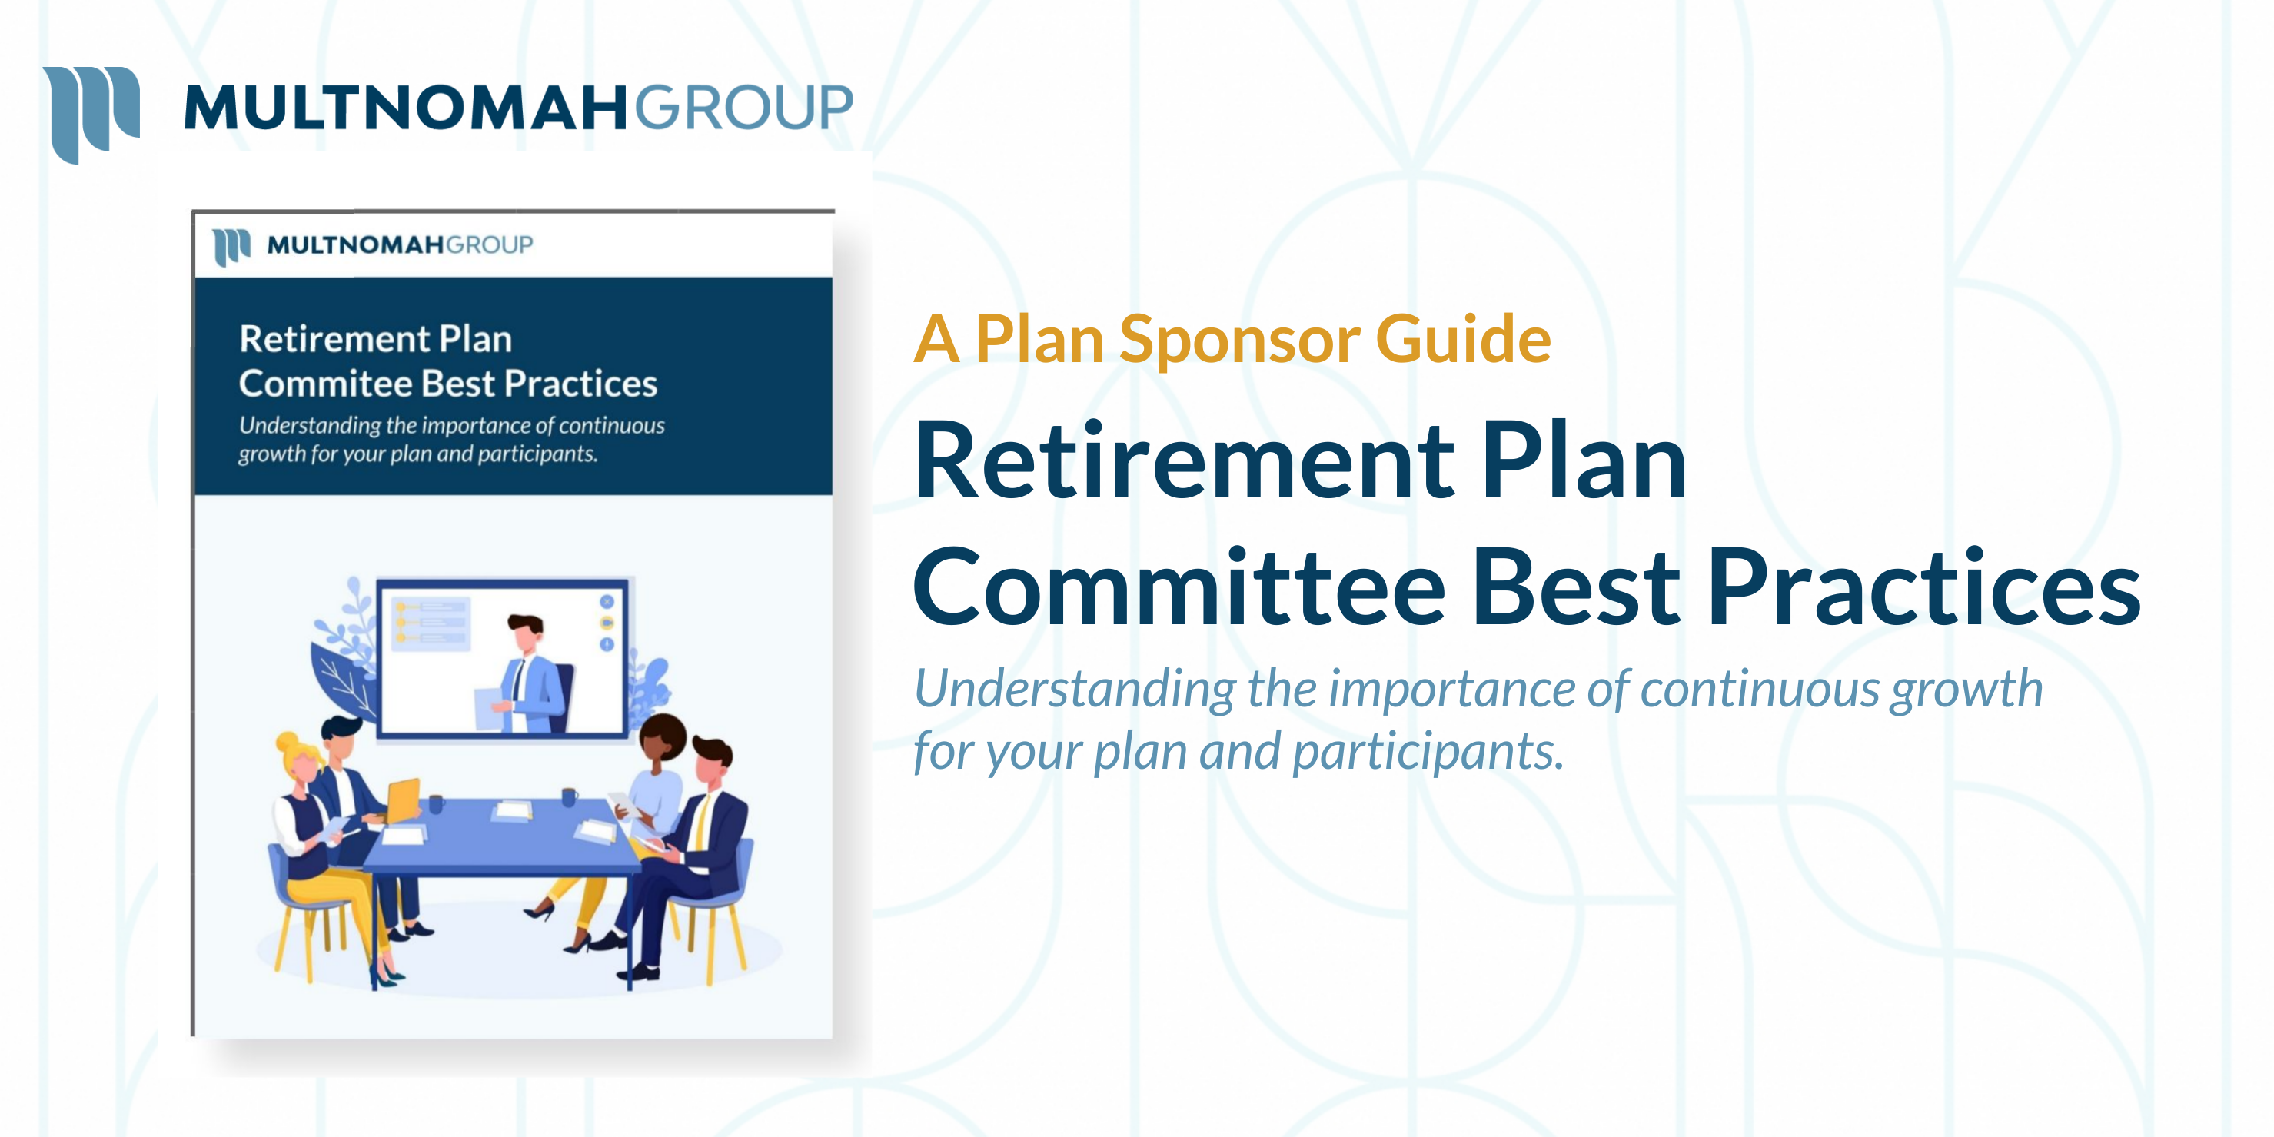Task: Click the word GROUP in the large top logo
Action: (743, 108)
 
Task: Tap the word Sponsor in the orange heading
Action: (1239, 340)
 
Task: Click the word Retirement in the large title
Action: (1184, 463)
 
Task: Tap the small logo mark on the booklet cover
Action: (231, 246)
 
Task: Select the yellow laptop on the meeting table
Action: (404, 800)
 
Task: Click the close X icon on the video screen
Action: (607, 602)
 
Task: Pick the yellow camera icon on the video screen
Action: (607, 623)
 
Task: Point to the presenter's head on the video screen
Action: (527, 630)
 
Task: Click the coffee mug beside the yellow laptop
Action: (435, 803)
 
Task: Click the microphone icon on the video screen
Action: (607, 644)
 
